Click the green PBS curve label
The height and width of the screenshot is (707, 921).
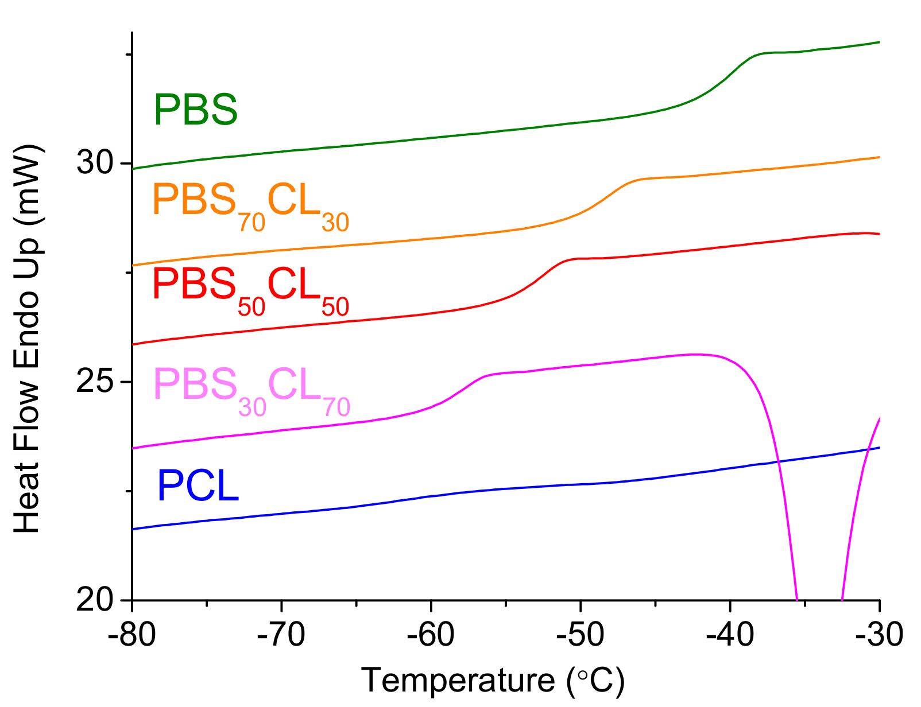click(x=196, y=110)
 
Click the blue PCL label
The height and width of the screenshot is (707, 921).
click(x=198, y=486)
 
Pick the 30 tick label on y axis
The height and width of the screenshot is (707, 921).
click(x=95, y=163)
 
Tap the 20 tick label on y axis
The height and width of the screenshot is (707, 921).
click(x=95, y=600)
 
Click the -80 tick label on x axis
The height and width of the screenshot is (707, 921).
click(x=132, y=635)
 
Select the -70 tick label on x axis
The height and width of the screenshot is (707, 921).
click(x=281, y=635)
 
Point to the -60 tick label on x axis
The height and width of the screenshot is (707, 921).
click(x=431, y=635)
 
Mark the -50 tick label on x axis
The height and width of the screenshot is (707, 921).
click(x=580, y=635)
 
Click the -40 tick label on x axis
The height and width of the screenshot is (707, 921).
click(x=730, y=635)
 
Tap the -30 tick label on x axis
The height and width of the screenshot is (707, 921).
click(x=879, y=635)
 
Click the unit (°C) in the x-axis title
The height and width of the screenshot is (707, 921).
click(x=595, y=681)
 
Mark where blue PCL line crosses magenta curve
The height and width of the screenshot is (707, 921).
click(x=778, y=461)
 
